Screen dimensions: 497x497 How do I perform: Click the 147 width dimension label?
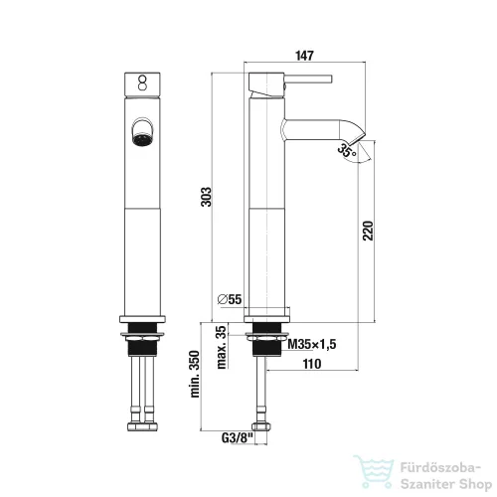click(x=304, y=56)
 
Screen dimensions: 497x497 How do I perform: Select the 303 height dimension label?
click(x=206, y=197)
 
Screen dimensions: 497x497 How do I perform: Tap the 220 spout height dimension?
click(x=368, y=231)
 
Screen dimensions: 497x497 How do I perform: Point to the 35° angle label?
click(x=347, y=151)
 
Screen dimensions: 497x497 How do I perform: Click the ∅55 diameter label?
click(x=230, y=299)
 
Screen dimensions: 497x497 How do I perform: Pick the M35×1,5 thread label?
click(x=312, y=344)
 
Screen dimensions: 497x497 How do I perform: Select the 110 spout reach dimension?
click(x=312, y=364)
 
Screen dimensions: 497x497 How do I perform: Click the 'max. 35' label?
click(x=222, y=348)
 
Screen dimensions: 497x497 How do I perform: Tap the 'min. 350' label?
click(x=195, y=374)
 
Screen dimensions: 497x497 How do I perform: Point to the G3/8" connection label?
click(x=237, y=438)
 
